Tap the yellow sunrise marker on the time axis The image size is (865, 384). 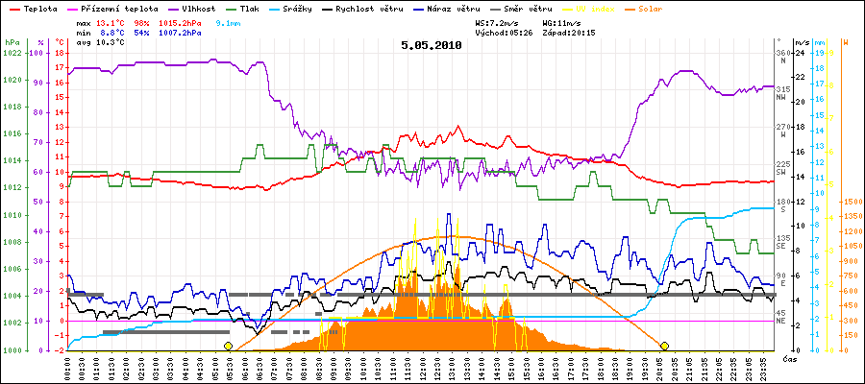click(228, 346)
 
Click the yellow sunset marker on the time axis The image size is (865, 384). click(664, 346)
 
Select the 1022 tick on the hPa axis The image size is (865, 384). click(12, 53)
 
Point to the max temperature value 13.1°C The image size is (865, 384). click(113, 21)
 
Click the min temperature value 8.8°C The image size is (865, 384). click(113, 32)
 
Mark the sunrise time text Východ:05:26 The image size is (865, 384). click(504, 32)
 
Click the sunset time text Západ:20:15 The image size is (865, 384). click(568, 32)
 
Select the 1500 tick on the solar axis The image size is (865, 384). click(852, 203)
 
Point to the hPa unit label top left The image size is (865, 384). click(12, 42)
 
